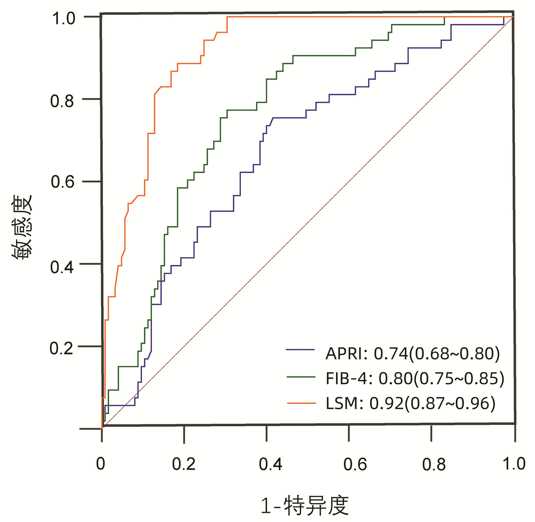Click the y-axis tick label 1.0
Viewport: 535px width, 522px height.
(x=63, y=19)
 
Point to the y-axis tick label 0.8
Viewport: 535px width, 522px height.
(x=62, y=101)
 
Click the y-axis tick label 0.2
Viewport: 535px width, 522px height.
(x=62, y=348)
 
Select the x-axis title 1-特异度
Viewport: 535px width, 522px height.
(x=305, y=506)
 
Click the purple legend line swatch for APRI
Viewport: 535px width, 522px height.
(x=300, y=350)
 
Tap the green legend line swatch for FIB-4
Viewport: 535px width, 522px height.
(x=301, y=377)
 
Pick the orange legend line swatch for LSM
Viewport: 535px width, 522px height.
(x=301, y=403)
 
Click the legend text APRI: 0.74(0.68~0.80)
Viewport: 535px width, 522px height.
(x=413, y=354)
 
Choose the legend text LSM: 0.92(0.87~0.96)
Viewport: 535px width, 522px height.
(x=410, y=404)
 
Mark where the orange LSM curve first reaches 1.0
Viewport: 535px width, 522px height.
(x=227, y=17)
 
